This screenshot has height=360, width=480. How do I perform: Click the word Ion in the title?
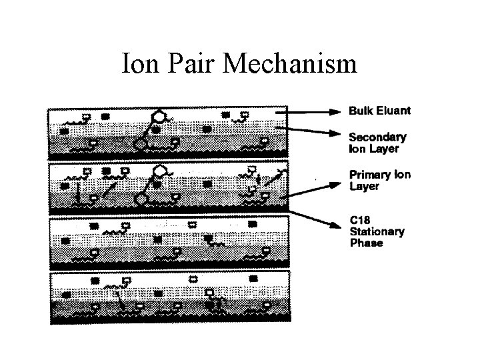pyautogui.click(x=139, y=64)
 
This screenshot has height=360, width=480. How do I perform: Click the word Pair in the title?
pyautogui.click(x=189, y=64)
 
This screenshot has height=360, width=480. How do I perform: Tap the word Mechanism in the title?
pyautogui.click(x=292, y=64)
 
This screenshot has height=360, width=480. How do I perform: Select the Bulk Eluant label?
pyautogui.click(x=379, y=110)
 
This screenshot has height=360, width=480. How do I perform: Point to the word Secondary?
pyautogui.click(x=378, y=137)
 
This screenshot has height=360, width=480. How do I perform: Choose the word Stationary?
pyautogui.click(x=377, y=231)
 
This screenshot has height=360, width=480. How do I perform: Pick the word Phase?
pyautogui.click(x=366, y=243)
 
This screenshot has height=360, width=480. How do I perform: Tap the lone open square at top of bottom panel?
pyautogui.click(x=194, y=278)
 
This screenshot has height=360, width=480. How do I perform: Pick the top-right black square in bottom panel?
pyautogui.click(x=253, y=278)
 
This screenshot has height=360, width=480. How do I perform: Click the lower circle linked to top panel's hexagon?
pyautogui.click(x=141, y=143)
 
